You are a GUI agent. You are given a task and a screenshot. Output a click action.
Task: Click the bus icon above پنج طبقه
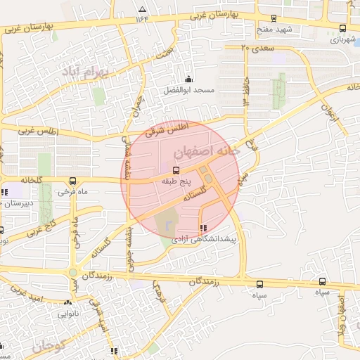coord(175,169)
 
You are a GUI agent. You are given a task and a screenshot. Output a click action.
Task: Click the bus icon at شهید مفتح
coord(274,18)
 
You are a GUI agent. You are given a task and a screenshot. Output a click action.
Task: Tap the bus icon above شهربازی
coord(342,29)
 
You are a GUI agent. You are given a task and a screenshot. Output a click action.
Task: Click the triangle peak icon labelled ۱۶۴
coord(143,10)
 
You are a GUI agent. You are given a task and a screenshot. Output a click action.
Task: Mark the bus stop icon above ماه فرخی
coord(74,181)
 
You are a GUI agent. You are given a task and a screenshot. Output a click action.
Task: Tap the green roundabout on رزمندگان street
coord(72,273)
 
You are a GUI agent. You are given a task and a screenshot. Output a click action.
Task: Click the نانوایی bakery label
coord(79,314)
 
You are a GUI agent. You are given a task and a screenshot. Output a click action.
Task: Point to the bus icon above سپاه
coord(260,284)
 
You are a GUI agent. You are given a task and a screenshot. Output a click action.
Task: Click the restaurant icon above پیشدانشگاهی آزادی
coord(203,228)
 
